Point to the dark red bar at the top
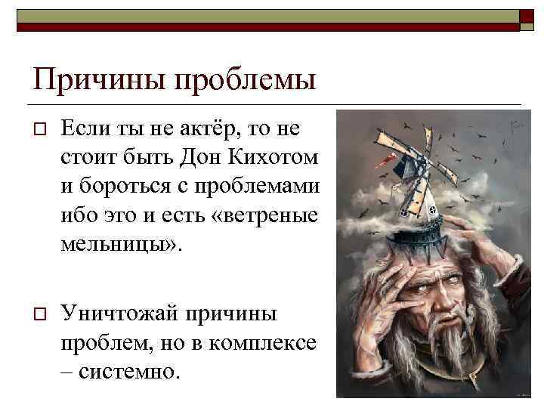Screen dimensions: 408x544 click(264, 27)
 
